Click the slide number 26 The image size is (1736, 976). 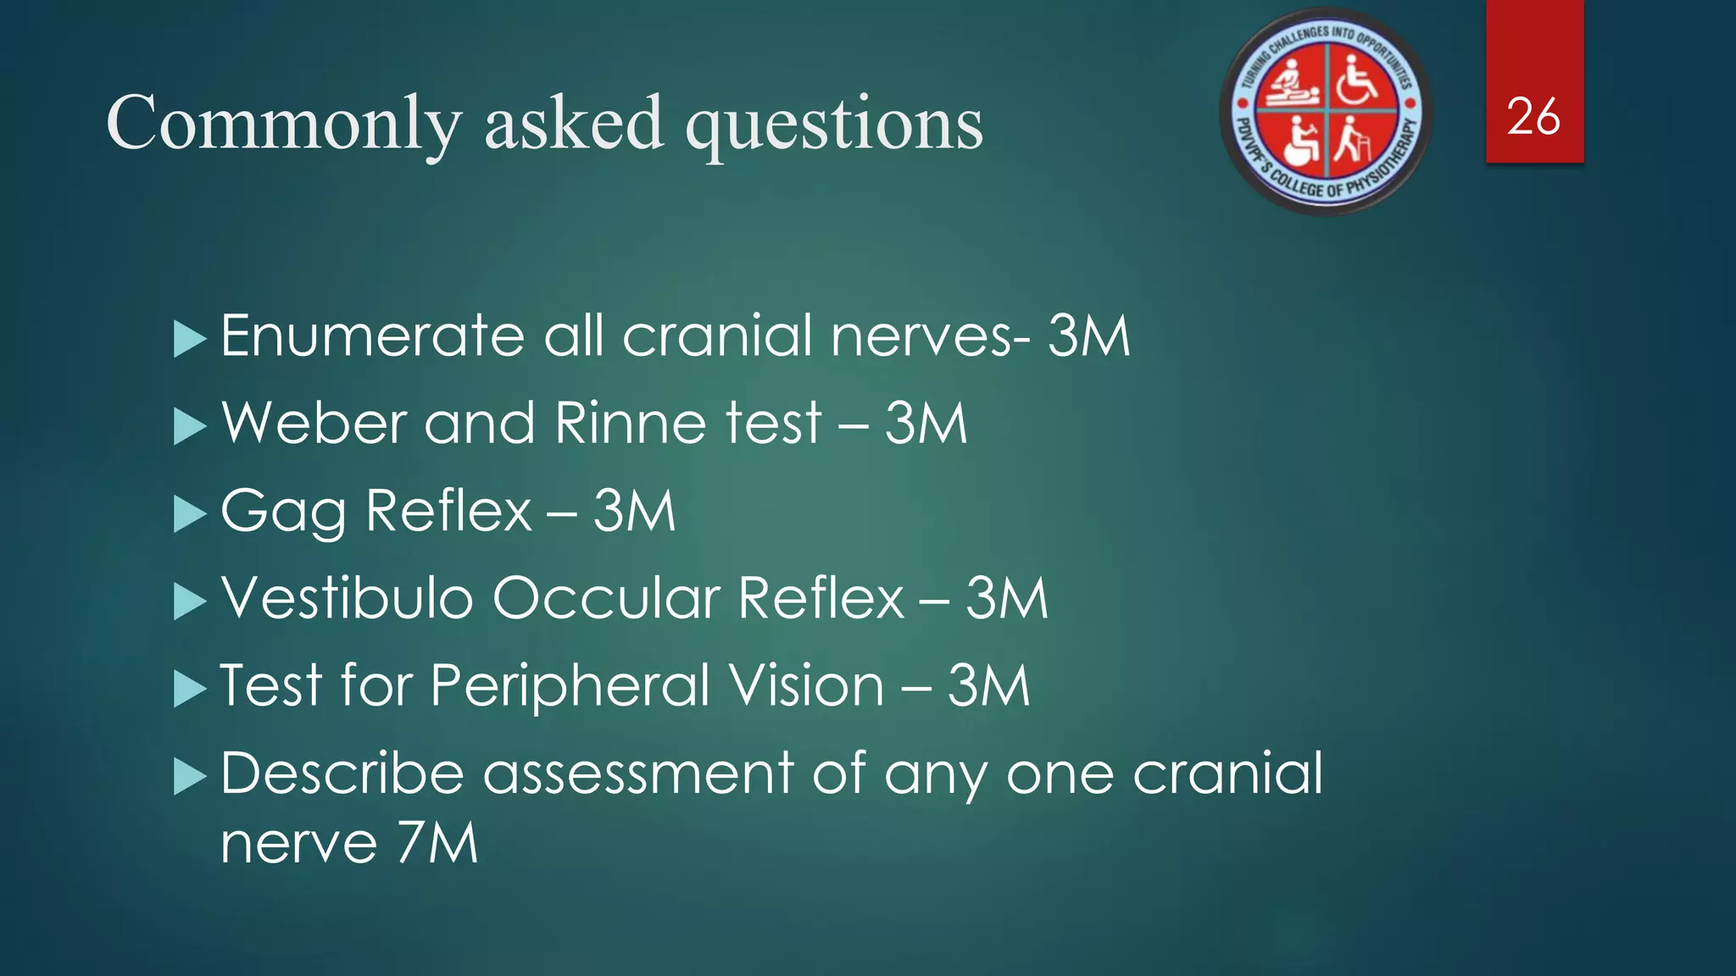click(1533, 117)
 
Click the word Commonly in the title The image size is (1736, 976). click(284, 124)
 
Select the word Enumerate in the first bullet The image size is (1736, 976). click(372, 335)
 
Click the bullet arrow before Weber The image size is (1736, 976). click(189, 425)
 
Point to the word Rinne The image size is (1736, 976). click(619, 423)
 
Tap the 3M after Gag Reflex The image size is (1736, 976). click(634, 511)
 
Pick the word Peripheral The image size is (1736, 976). click(570, 686)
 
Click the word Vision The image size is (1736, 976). click(806, 685)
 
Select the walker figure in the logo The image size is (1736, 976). click(1355, 141)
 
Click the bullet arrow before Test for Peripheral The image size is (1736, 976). click(189, 687)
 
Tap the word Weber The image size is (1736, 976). click(314, 423)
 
